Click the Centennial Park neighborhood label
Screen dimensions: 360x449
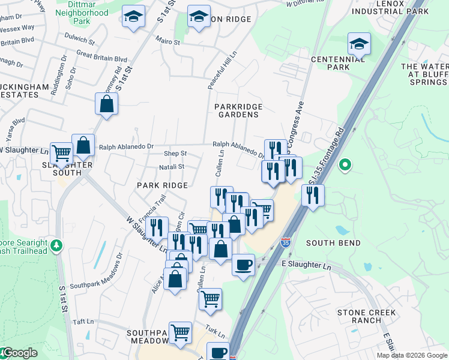[x=330, y=63]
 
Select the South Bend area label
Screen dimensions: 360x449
[x=333, y=243]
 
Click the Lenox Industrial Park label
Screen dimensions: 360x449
[x=390, y=7]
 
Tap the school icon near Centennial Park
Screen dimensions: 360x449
[x=359, y=44]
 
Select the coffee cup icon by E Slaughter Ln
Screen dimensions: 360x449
[x=243, y=265]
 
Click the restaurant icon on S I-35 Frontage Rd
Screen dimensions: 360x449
[x=313, y=195]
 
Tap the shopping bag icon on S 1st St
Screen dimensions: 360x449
[x=106, y=103]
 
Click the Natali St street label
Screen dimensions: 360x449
[x=172, y=166]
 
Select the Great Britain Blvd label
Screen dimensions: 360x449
[x=102, y=59]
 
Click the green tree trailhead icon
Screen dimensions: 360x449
[x=56, y=245]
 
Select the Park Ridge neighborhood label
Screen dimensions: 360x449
[x=162, y=185]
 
